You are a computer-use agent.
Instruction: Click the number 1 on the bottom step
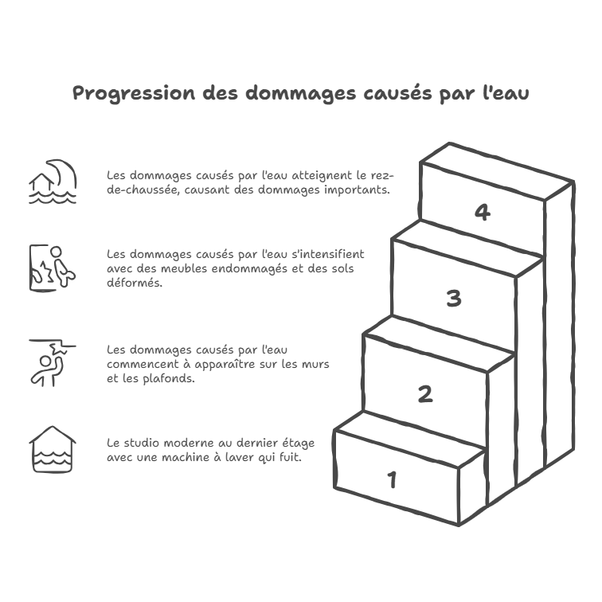coord(392,479)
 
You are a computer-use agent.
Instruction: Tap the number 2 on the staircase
coord(426,393)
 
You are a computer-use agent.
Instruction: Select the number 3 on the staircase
coord(453,299)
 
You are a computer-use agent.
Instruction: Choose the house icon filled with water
coord(52,450)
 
